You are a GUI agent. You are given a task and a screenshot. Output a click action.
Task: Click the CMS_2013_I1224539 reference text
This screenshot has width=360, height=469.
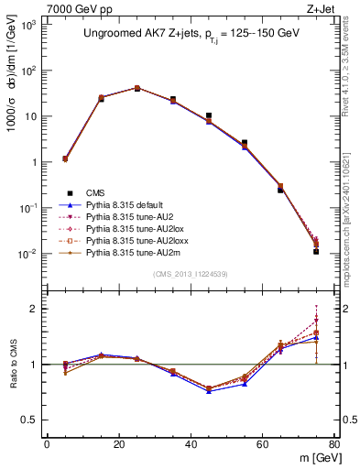click(x=191, y=273)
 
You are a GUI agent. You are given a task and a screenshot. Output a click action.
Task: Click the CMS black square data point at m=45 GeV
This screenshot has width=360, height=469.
click(x=209, y=116)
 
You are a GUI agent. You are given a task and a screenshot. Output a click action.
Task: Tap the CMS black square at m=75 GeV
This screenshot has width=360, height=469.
click(x=316, y=251)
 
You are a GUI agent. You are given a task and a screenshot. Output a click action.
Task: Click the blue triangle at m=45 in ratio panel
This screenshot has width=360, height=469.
click(x=209, y=391)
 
